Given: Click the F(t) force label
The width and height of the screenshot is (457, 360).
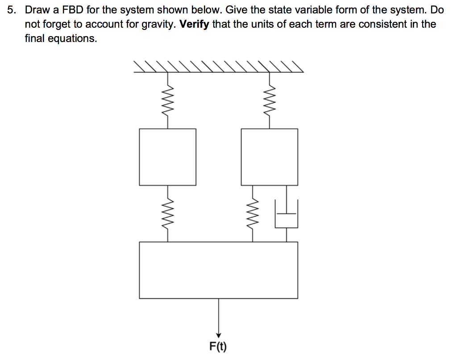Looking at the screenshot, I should (x=218, y=346).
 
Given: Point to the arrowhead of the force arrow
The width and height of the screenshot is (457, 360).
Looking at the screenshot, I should (x=218, y=336).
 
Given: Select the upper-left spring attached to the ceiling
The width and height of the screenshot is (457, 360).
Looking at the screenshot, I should (x=168, y=100).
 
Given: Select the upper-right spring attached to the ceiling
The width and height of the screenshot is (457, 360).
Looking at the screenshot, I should (x=269, y=100).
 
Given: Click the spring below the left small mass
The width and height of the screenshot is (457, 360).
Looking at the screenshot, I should (x=168, y=213).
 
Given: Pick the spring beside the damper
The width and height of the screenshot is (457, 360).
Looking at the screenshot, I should (x=253, y=213).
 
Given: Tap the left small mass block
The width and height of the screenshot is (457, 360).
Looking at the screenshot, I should (x=167, y=157).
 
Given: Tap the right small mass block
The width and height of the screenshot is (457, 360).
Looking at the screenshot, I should (x=269, y=157).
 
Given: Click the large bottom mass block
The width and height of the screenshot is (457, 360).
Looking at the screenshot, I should (x=218, y=270).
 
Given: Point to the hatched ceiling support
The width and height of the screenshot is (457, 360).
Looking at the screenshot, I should (x=218, y=67).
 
